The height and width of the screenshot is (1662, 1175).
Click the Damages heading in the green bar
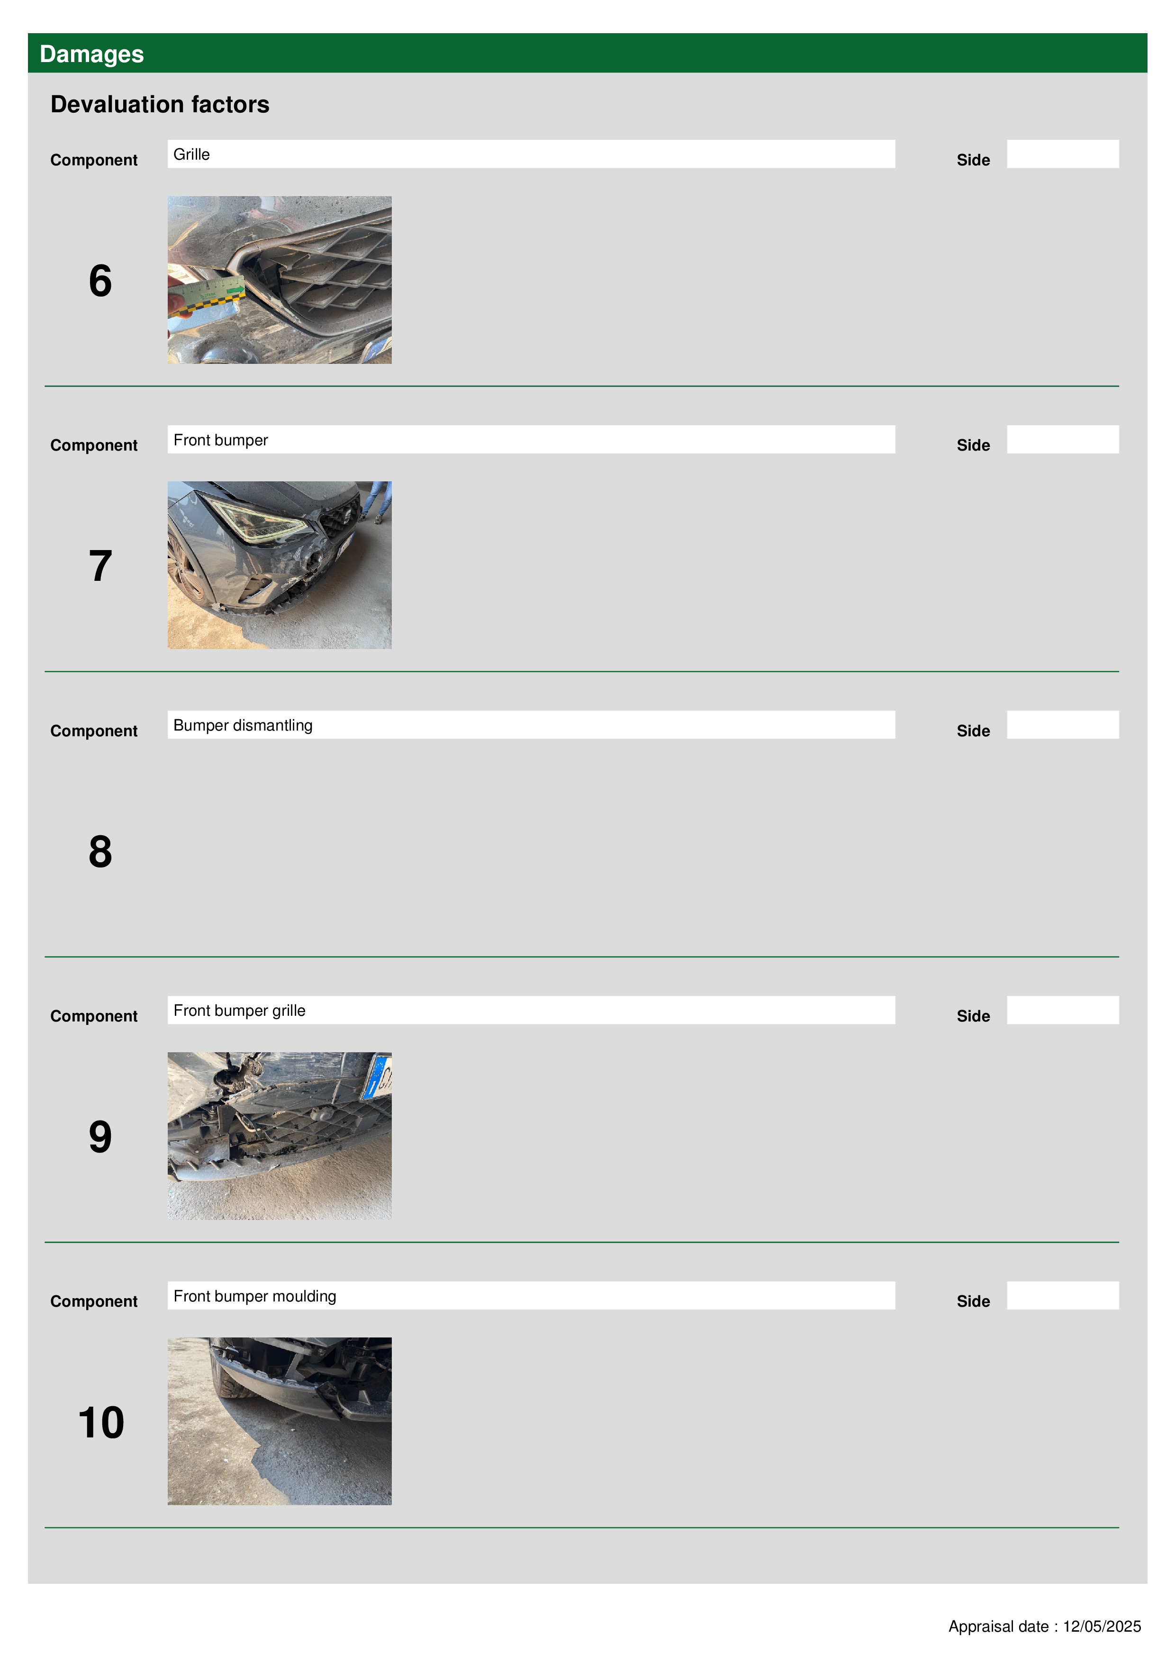point(92,54)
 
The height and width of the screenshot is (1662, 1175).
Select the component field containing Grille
point(532,154)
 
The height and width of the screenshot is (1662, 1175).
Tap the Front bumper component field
point(532,439)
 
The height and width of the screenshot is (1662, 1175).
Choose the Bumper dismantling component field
point(532,724)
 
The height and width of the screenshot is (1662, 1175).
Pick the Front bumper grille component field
point(532,1010)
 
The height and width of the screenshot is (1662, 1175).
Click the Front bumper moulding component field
point(532,1295)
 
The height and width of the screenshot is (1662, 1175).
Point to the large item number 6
point(100,281)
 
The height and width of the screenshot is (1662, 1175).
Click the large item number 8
point(100,851)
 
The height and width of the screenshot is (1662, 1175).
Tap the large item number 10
point(101,1422)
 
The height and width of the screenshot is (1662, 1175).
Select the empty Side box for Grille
point(1063,154)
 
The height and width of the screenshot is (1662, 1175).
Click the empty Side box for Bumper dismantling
point(1063,724)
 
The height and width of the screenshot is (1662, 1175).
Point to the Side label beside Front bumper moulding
point(973,1301)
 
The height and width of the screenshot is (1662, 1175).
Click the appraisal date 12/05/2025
point(1102,1626)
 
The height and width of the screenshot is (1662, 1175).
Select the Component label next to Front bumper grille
point(94,1016)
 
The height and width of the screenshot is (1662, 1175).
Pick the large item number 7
point(100,566)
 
